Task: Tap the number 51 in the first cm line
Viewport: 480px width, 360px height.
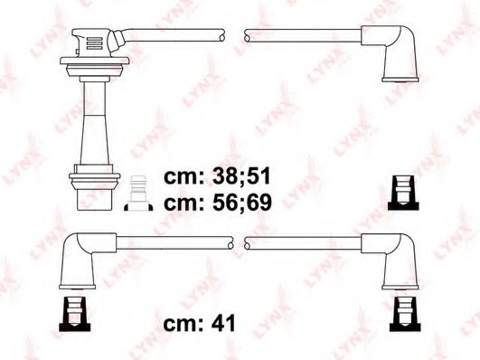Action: click(259, 176)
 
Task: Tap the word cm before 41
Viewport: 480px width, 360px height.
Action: click(183, 324)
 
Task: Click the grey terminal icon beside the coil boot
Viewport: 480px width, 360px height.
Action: click(138, 194)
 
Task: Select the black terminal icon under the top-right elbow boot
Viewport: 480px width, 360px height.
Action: click(403, 193)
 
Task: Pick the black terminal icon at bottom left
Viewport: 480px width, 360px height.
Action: click(75, 314)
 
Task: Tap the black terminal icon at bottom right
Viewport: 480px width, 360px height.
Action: click(405, 314)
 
